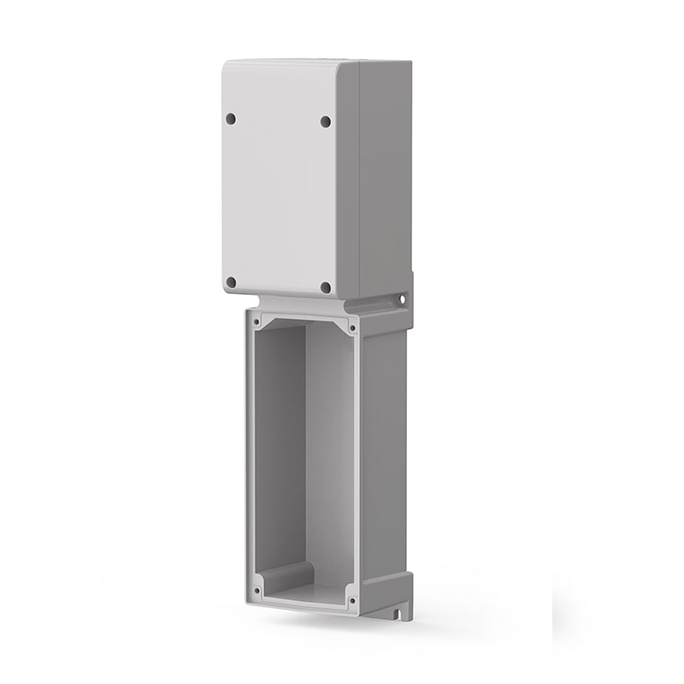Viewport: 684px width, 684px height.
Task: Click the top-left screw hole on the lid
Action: (x=231, y=118)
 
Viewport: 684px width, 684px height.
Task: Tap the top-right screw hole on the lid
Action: (x=326, y=121)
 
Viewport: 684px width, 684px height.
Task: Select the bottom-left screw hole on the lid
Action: (x=231, y=281)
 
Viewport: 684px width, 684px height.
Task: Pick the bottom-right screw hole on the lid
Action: (x=326, y=287)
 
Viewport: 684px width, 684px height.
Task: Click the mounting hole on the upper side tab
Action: (x=399, y=300)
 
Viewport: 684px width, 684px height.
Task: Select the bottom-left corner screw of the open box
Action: (x=257, y=588)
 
